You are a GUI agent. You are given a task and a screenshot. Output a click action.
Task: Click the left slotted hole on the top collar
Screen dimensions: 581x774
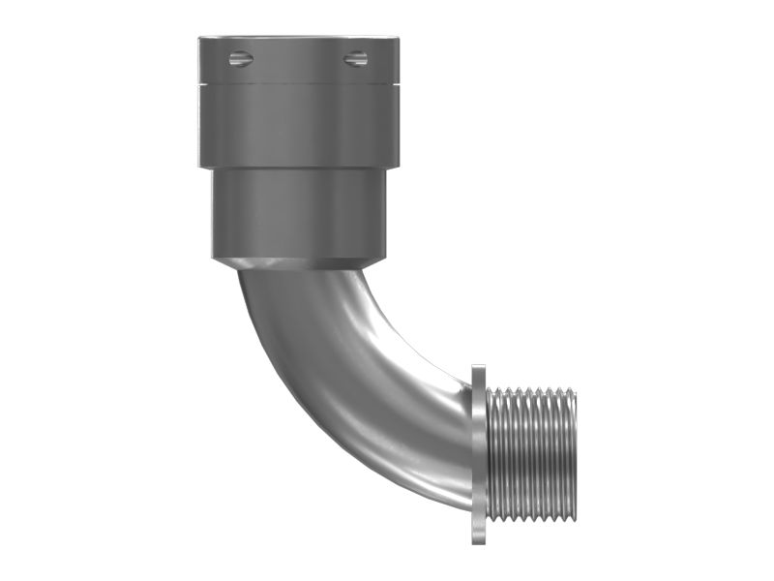pyautogui.click(x=240, y=60)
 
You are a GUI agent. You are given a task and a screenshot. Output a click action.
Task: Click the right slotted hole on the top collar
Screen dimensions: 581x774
pyautogui.click(x=355, y=60)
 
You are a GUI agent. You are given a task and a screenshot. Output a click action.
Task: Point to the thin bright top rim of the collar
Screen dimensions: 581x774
pyautogui.click(x=298, y=39)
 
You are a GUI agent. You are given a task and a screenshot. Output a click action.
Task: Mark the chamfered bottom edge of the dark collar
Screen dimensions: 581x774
pyautogui.click(x=298, y=263)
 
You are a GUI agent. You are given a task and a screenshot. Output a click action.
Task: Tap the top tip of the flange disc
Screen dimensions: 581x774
pyautogui.click(x=478, y=367)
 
